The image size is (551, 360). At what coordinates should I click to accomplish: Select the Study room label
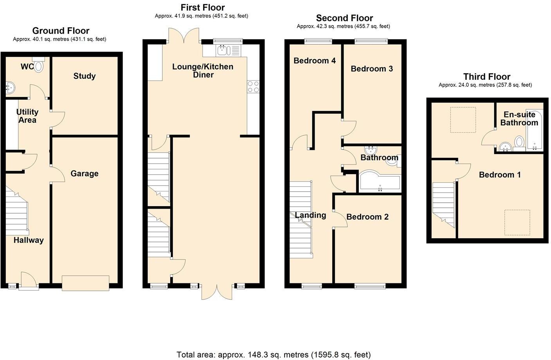coord(85,76)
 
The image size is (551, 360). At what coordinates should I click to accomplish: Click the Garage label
coord(85,174)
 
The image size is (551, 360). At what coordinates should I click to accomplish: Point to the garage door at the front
coord(85,283)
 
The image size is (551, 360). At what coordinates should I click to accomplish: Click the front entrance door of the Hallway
coord(29,281)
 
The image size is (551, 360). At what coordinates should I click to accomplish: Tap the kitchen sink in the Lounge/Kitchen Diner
coord(229,50)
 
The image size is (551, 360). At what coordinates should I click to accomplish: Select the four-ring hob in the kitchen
coord(253,86)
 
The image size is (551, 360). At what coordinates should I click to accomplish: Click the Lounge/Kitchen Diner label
coord(203,70)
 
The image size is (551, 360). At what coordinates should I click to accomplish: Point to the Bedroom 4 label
coord(315,61)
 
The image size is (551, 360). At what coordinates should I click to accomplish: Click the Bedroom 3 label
coord(372,69)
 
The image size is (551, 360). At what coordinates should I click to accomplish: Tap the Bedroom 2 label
coord(367,217)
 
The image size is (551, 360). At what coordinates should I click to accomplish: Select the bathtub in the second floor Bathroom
coord(380,181)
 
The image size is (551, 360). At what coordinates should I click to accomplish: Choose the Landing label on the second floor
coord(310,215)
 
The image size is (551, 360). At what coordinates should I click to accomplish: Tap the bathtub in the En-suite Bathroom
coord(535,130)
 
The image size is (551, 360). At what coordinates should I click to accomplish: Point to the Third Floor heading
coord(487,77)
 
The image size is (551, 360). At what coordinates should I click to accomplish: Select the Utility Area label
coord(27,116)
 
